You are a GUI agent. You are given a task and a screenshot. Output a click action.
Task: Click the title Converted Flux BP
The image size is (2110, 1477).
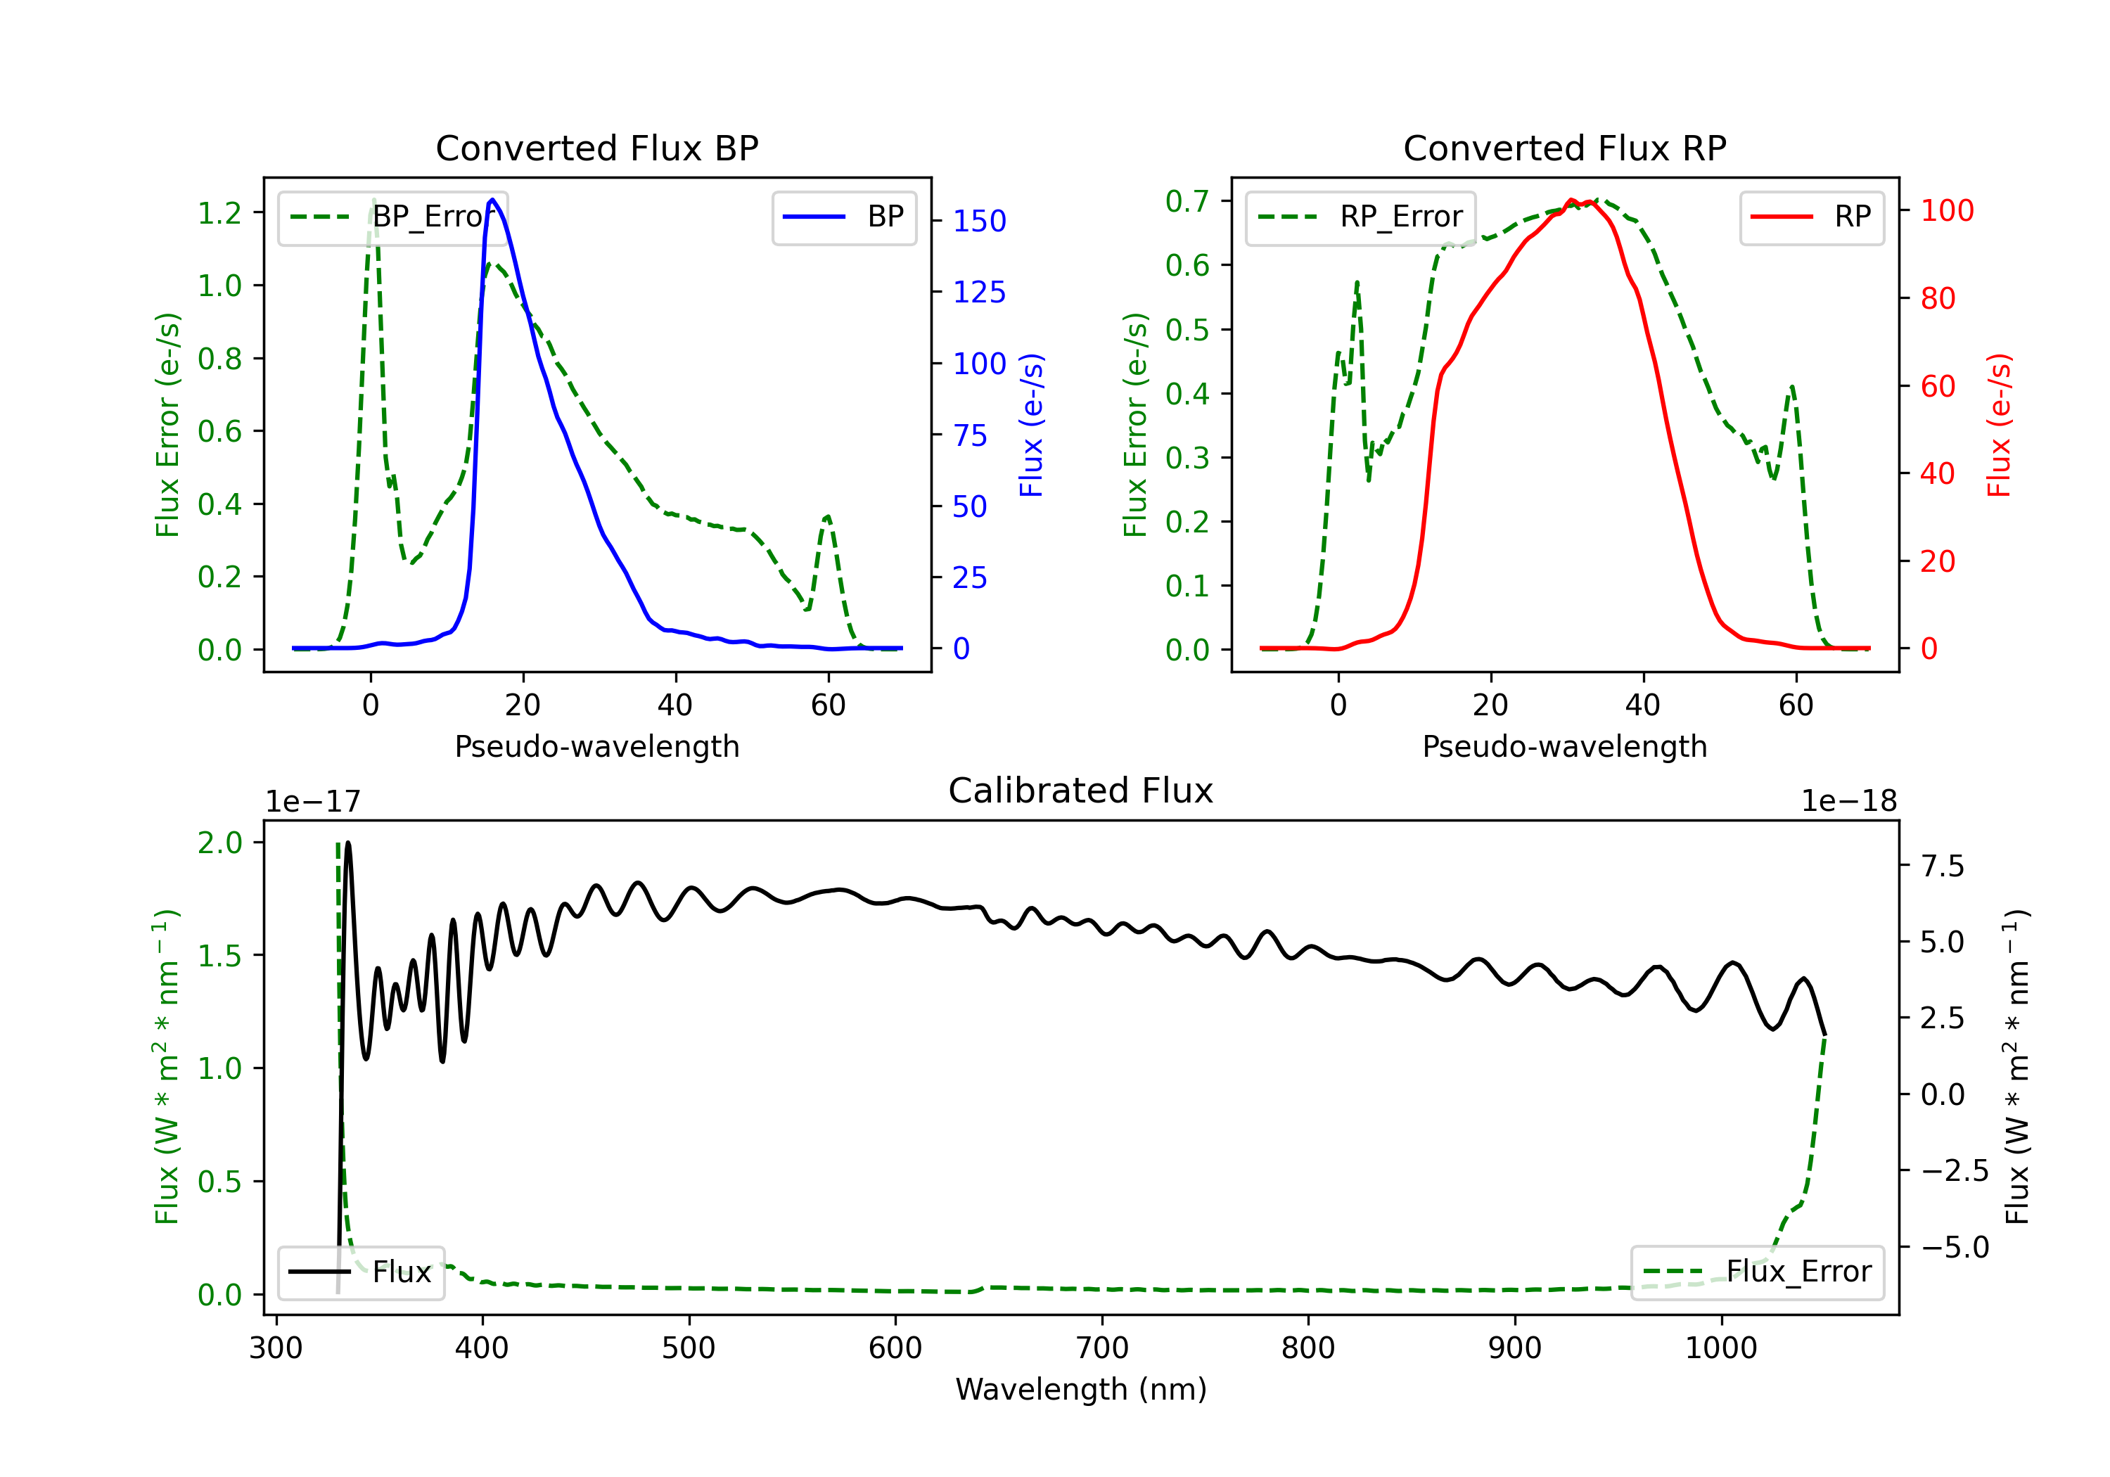[x=596, y=148]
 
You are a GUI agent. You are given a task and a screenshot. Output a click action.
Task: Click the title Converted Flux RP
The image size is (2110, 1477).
[x=1564, y=148]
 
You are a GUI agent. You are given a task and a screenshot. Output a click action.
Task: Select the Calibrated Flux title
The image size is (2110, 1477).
[x=1081, y=791]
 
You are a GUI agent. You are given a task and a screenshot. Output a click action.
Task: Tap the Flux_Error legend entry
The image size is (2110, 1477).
[x=1757, y=1272]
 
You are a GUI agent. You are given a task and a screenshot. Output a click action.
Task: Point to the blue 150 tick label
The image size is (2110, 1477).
[x=980, y=222]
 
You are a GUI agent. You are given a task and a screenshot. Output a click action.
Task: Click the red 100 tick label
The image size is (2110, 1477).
[x=1948, y=212]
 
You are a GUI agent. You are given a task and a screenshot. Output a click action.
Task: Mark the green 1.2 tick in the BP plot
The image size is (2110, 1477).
[x=219, y=213]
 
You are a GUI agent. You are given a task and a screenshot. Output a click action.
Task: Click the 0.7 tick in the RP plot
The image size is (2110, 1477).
[x=1187, y=201]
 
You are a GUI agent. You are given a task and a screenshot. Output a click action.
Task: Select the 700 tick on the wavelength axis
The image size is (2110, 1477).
[x=1102, y=1348]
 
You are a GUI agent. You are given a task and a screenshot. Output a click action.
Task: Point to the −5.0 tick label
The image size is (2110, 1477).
[x=1955, y=1247]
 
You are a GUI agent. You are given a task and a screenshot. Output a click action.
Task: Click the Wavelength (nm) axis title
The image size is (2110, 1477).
[x=1081, y=1390]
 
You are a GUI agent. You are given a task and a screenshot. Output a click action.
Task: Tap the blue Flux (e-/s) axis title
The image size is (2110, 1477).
[x=1032, y=426]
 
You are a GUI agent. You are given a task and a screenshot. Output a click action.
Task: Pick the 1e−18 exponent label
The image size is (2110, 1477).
[x=1849, y=802]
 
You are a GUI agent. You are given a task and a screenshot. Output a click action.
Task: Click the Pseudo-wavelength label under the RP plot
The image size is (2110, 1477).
[x=1564, y=746]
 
